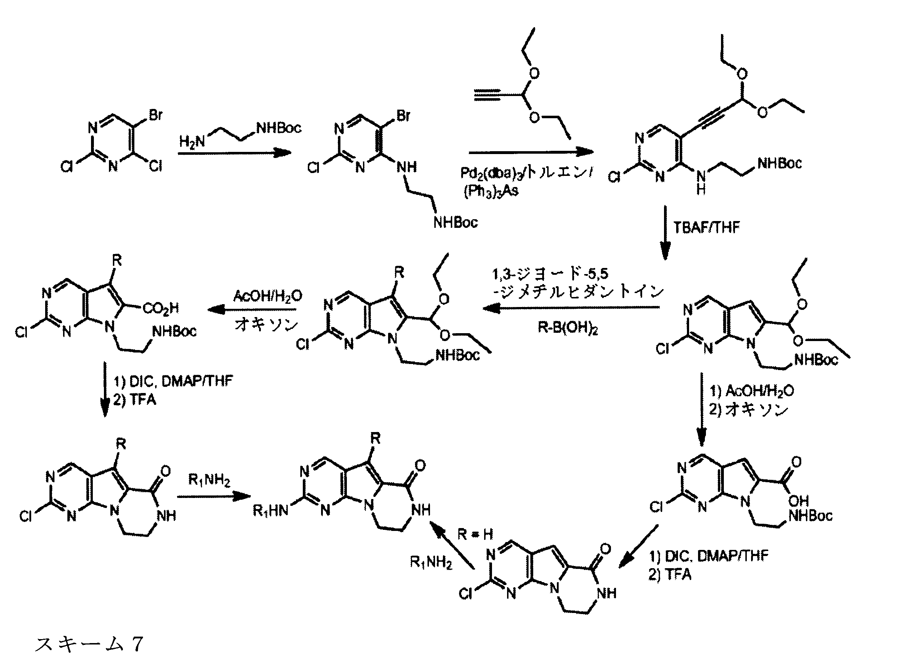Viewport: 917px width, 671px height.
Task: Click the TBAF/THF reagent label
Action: pyautogui.click(x=706, y=227)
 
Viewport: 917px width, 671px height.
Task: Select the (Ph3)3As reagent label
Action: pyautogui.click(x=491, y=191)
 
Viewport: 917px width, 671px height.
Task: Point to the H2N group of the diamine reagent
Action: pyautogui.click(x=192, y=142)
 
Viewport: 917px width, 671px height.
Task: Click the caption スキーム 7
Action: pyautogui.click(x=89, y=644)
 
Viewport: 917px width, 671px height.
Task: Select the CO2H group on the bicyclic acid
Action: pyautogui.click(x=161, y=308)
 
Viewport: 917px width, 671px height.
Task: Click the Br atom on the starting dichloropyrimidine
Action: pyautogui.click(x=156, y=115)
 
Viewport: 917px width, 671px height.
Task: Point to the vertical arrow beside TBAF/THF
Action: pyautogui.click(x=665, y=231)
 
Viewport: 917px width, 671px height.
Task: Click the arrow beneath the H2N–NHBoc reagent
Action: pyautogui.click(x=234, y=153)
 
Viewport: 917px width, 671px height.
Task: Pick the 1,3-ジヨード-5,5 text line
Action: pyautogui.click(x=550, y=274)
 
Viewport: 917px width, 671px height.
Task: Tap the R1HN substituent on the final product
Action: pyautogui.click(x=270, y=511)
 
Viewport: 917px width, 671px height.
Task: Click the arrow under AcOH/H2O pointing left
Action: pyautogui.click(x=252, y=310)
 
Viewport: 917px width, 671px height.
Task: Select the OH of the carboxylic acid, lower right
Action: pyautogui.click(x=798, y=501)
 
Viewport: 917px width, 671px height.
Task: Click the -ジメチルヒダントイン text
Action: pyautogui.click(x=577, y=292)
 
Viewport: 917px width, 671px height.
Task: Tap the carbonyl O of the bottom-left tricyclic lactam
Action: pyautogui.click(x=165, y=471)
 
